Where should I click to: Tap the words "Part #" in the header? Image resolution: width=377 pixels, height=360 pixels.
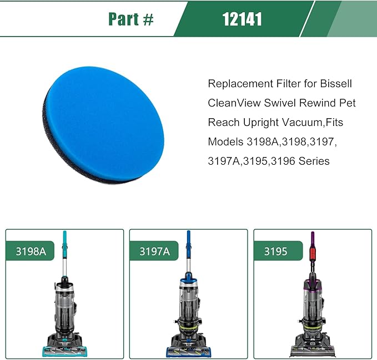[x=131, y=19]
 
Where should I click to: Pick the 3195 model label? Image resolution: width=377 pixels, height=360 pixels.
[x=276, y=251]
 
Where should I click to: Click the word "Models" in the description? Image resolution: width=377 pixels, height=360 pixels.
[x=225, y=142]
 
